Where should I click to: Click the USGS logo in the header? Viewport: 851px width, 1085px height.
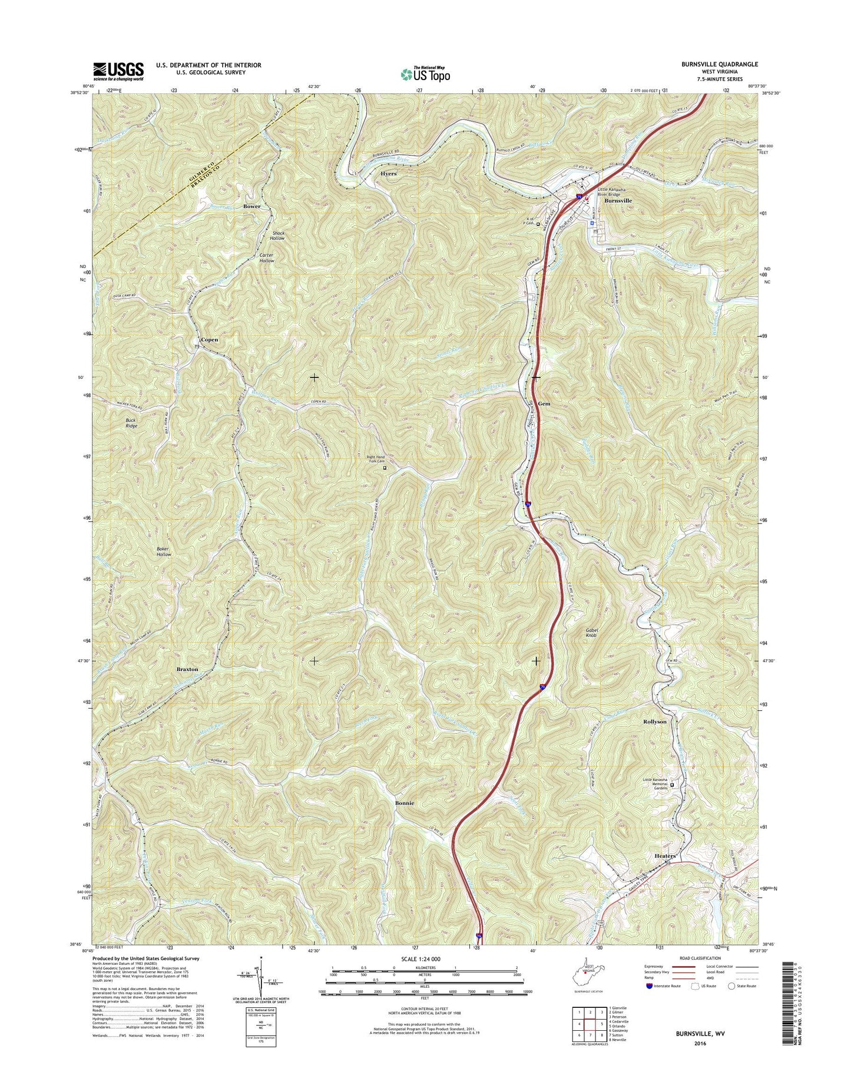coord(118,71)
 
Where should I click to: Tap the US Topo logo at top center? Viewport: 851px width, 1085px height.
coord(425,74)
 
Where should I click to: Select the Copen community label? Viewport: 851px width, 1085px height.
coord(209,340)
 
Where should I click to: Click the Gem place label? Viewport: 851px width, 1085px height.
coord(544,404)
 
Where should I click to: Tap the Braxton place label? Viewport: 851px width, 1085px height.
coord(187,670)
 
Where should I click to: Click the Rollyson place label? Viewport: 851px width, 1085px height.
coord(654,722)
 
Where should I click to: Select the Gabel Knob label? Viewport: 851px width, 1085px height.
coord(591,633)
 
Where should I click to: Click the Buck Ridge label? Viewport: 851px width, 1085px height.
coord(131,423)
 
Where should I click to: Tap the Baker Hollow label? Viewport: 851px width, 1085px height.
coord(164,551)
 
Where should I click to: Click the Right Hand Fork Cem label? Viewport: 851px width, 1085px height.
coord(375,460)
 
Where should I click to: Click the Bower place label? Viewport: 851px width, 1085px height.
coord(251,206)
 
